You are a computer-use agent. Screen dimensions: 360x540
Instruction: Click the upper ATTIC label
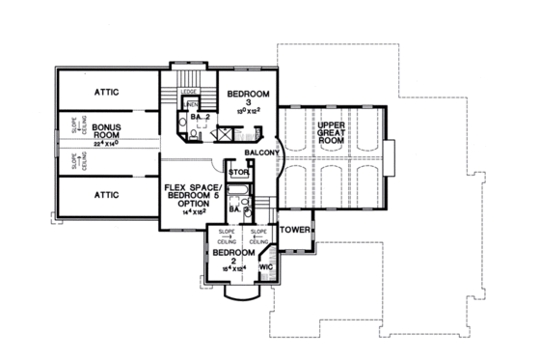[107, 92]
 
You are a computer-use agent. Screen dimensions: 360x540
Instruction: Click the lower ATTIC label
[107, 194]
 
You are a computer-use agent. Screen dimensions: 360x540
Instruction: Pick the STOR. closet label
[238, 174]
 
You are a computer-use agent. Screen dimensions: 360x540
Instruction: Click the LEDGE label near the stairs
[189, 93]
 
